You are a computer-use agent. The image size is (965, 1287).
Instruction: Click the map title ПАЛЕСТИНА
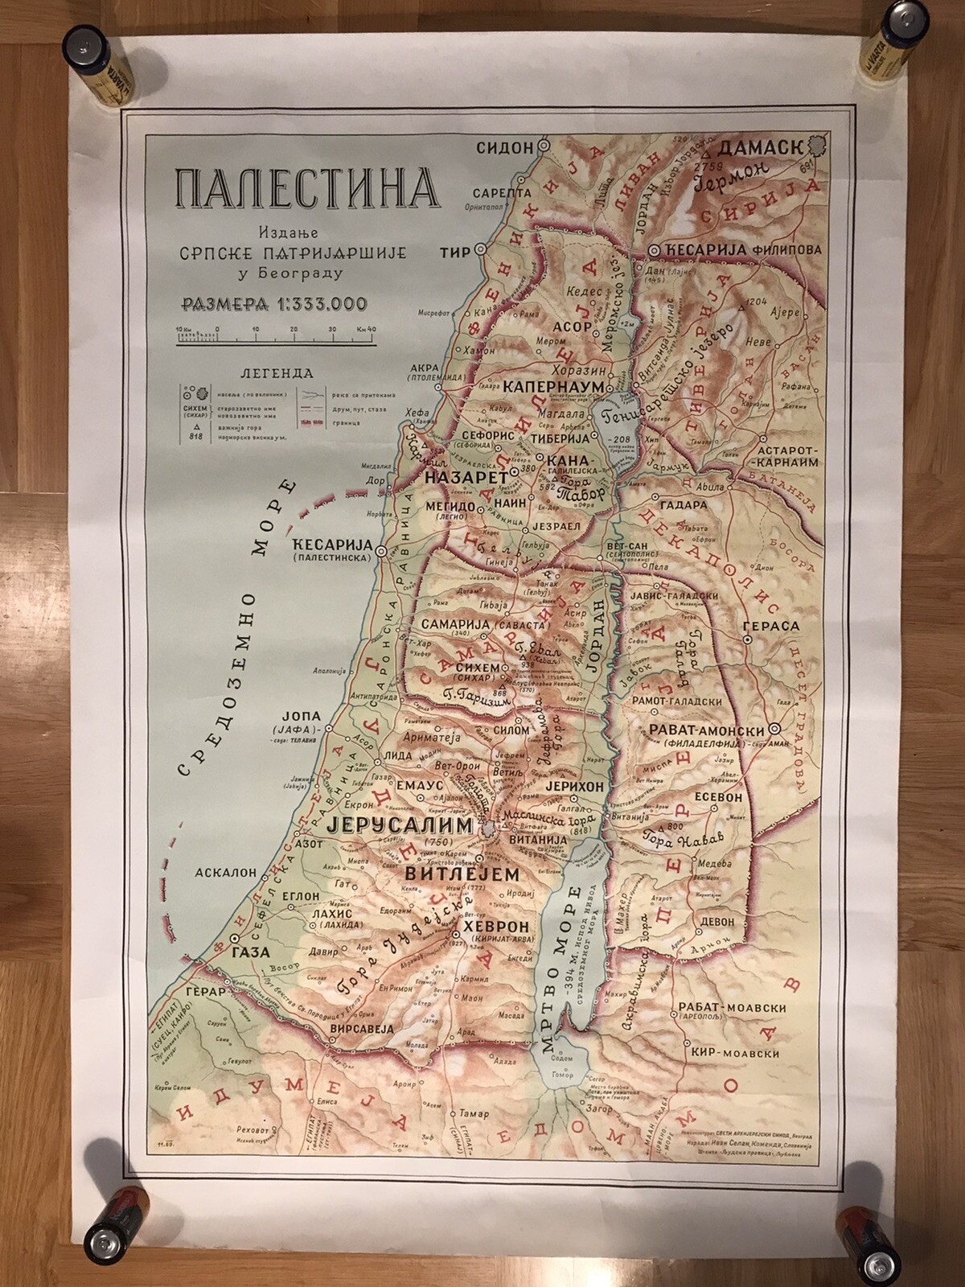click(306, 187)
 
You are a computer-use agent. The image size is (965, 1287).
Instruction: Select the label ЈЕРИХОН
click(573, 785)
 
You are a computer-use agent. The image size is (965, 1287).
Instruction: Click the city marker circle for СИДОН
click(544, 146)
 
